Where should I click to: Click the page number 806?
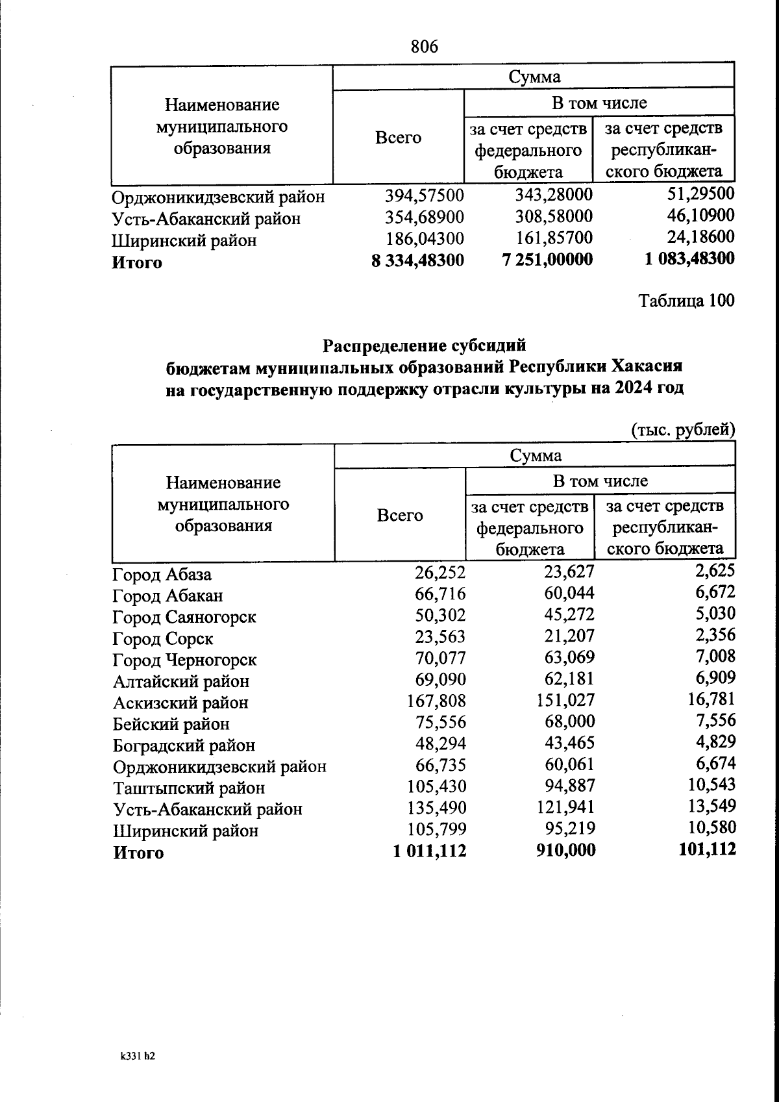click(425, 47)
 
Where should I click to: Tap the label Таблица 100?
click(686, 301)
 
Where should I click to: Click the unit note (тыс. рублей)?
click(682, 429)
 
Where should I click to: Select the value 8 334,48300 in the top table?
click(418, 260)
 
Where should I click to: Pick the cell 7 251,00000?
click(548, 260)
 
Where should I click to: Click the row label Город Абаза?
click(162, 575)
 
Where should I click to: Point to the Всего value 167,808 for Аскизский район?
click(436, 701)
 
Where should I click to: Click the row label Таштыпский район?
click(189, 788)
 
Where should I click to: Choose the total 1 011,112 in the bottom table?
click(429, 851)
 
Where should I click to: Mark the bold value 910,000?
click(565, 850)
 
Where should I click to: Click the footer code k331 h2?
click(138, 1057)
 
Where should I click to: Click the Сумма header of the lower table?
click(535, 456)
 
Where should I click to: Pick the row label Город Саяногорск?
click(184, 617)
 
